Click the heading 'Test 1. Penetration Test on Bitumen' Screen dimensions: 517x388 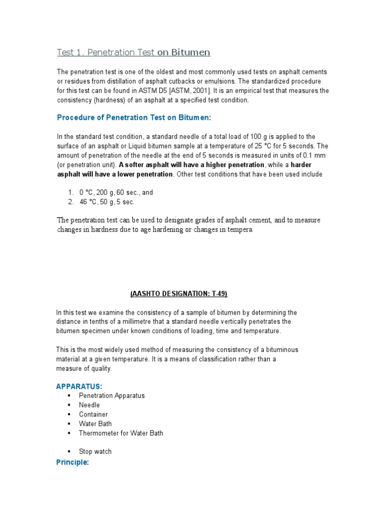point(133,53)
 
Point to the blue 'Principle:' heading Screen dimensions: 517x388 point(72,462)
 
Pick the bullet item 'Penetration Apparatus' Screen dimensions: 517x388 point(112,395)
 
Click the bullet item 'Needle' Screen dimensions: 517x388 point(89,405)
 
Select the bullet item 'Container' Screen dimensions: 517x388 point(93,415)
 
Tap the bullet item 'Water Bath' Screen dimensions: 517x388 point(95,424)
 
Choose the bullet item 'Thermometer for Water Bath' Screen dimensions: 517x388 point(121,433)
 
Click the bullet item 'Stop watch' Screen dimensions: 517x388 point(95,451)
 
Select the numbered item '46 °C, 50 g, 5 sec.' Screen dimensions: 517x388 point(107,202)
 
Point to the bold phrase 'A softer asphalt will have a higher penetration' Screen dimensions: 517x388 point(191,165)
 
